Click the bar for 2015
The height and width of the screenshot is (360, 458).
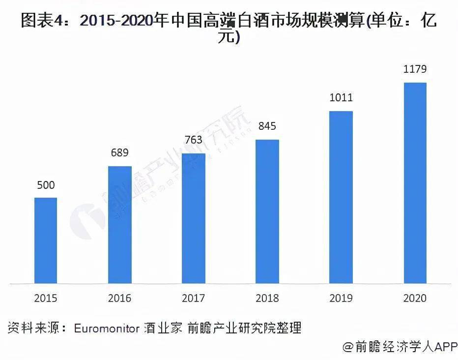(x=46, y=240)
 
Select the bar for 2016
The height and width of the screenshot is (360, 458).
(x=120, y=225)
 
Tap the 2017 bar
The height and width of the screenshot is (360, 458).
(x=194, y=218)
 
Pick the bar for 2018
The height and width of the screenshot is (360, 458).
(x=267, y=211)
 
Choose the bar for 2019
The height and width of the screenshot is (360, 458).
(x=341, y=197)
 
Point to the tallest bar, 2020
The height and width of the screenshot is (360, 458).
(x=415, y=183)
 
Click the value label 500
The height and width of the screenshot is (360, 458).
(x=46, y=185)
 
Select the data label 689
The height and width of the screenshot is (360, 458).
(x=120, y=153)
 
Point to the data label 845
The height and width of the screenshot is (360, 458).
(x=267, y=126)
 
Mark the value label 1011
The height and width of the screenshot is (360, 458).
(x=341, y=97)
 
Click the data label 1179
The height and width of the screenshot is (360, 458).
(x=415, y=69)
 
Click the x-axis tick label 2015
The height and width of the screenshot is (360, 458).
(x=46, y=298)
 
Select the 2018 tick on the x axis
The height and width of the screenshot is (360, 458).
(x=267, y=298)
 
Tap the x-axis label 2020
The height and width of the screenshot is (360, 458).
(x=415, y=298)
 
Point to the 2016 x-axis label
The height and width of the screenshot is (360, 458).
(x=120, y=298)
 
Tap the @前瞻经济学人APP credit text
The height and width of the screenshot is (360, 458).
(x=400, y=347)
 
